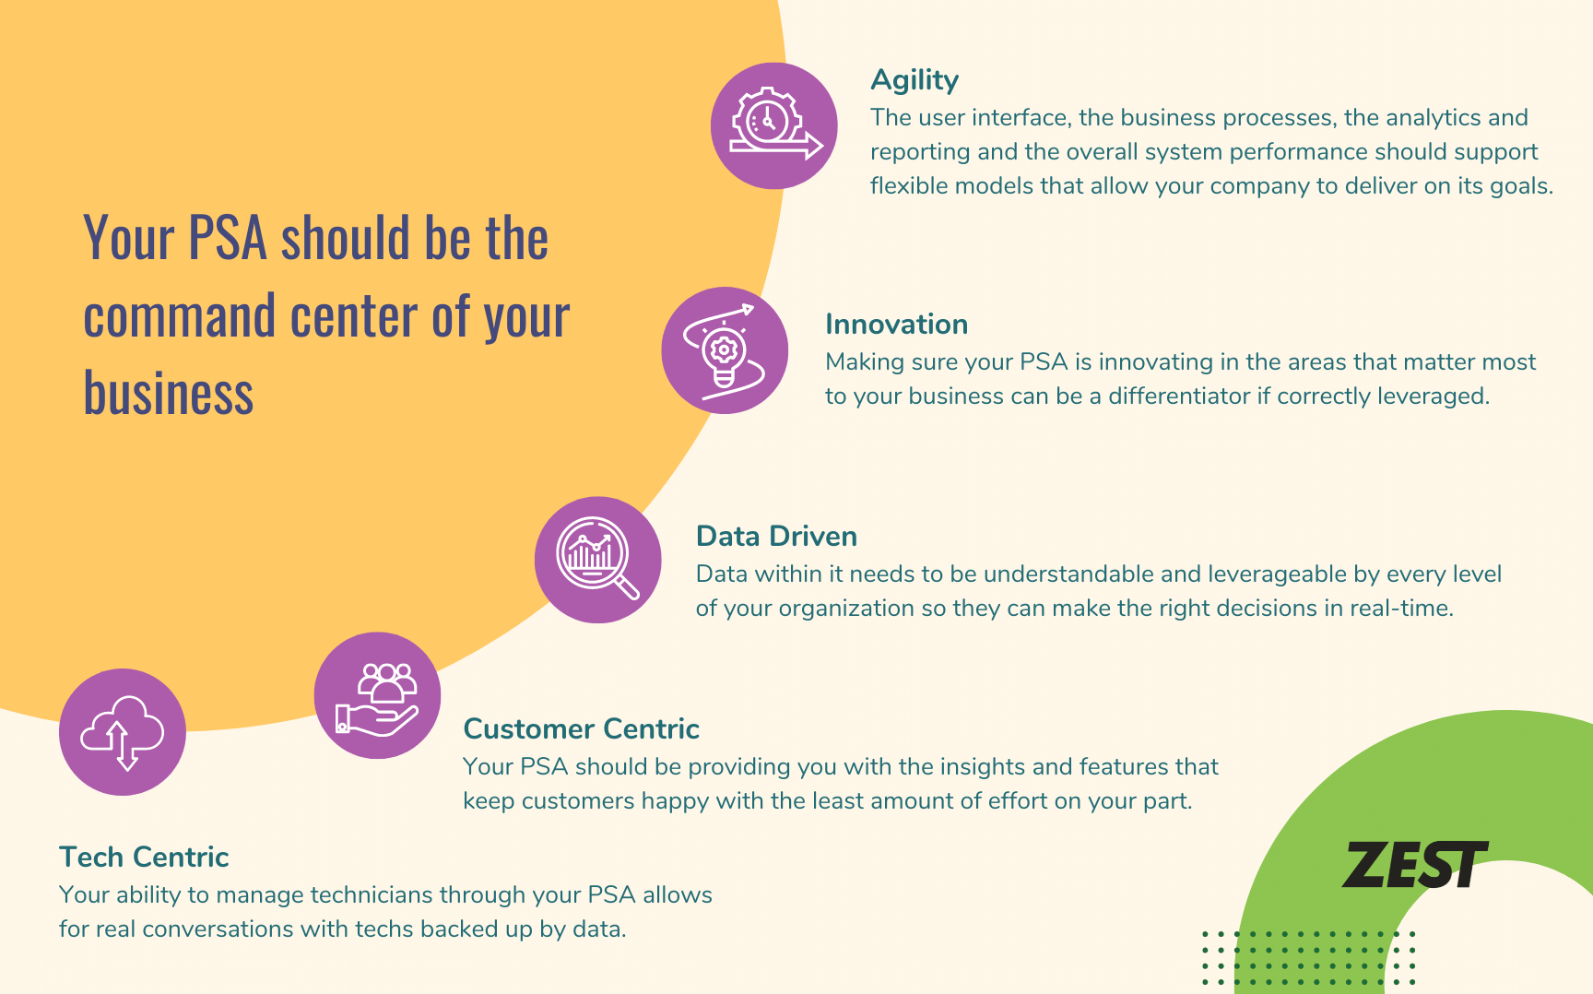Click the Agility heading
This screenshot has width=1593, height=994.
[x=914, y=81]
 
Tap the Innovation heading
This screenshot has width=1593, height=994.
[x=896, y=325]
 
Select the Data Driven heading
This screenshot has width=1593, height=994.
[x=776, y=537]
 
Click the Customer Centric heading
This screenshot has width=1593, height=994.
[x=581, y=729]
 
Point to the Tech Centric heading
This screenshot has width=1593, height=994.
[x=144, y=858]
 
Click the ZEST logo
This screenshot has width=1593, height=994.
[x=1413, y=865]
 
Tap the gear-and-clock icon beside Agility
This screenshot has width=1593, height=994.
[x=774, y=125]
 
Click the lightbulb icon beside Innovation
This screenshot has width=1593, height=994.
[x=725, y=350]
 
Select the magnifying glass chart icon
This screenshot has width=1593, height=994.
[x=597, y=560]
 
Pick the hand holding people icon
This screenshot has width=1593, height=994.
[x=377, y=695]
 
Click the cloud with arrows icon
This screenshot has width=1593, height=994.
[x=123, y=732]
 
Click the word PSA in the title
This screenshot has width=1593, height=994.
[x=228, y=239]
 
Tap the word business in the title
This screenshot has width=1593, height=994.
[x=168, y=394]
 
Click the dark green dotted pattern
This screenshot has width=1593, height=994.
[x=1308, y=959]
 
